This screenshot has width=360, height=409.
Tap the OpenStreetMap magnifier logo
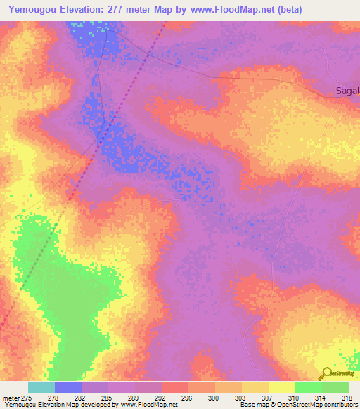tap(326, 375)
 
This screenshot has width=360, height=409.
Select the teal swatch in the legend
tap(41, 387)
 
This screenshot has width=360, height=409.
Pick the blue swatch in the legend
tap(68, 387)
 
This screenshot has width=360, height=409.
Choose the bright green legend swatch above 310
tap(309, 387)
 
